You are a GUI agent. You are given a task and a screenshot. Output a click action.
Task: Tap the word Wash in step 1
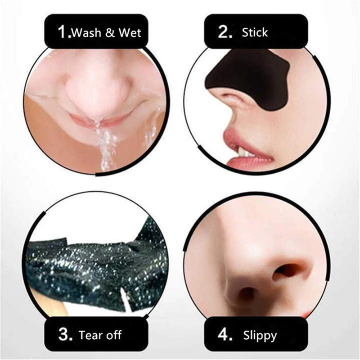[x=86, y=33]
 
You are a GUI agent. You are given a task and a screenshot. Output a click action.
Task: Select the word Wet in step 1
[x=130, y=33]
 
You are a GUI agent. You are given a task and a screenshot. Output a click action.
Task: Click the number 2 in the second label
[x=223, y=32]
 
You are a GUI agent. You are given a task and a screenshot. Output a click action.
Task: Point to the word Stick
[x=255, y=32]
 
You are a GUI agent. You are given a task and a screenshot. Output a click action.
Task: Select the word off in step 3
[x=113, y=335]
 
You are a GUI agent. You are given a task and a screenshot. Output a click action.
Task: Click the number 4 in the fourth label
[x=223, y=335]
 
